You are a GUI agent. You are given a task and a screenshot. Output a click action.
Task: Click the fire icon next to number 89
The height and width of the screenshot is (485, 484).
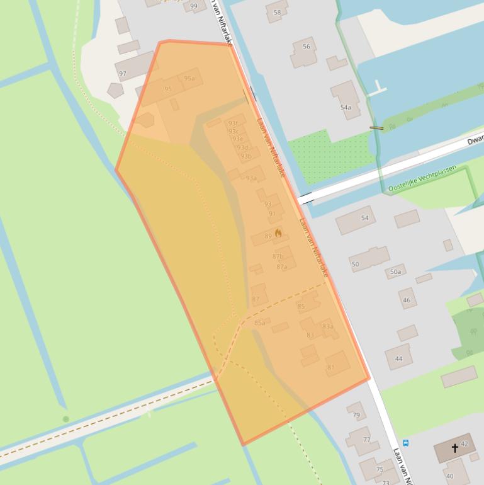[278, 233]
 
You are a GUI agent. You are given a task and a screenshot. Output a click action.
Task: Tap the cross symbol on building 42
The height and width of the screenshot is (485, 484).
[455, 448]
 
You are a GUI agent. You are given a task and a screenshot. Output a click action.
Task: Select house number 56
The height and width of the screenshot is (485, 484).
[307, 46]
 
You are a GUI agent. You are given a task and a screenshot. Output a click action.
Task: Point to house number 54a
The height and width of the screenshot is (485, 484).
[346, 108]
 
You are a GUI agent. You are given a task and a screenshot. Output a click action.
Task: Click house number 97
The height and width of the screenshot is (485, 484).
[123, 74]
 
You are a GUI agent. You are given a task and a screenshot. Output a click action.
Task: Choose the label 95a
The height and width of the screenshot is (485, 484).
[189, 79]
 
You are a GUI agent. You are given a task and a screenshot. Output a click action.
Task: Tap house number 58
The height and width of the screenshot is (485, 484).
[277, 13]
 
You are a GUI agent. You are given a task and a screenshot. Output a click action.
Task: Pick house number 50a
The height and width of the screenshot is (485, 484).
[395, 272]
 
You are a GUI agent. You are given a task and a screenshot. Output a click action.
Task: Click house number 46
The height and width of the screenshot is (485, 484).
[406, 300]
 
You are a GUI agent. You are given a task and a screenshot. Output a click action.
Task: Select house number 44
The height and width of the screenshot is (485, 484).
[398, 359]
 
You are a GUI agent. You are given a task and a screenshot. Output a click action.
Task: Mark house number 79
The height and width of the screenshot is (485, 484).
[356, 415]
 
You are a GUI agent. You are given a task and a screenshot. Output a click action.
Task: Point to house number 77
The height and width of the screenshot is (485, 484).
[367, 440]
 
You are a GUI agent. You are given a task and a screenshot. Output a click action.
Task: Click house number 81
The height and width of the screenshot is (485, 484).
[331, 367]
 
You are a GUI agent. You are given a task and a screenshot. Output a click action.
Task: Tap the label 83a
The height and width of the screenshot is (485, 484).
[328, 327]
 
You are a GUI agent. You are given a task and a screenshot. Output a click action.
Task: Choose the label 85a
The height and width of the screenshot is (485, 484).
[259, 323]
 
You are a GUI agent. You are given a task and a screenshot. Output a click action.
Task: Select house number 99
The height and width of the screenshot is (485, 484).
[193, 6]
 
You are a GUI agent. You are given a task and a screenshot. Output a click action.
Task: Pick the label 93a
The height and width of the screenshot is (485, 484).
[251, 178]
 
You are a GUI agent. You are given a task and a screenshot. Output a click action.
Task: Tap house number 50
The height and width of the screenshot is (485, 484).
[355, 264]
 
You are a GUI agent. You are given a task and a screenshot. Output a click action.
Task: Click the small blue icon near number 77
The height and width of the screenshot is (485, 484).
[405, 443]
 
